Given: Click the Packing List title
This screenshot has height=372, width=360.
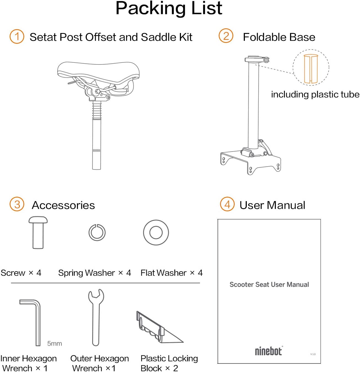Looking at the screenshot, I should coord(169,8).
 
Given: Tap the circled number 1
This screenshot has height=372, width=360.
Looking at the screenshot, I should coord(17,37).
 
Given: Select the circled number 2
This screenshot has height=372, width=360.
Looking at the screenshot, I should coord(226,36).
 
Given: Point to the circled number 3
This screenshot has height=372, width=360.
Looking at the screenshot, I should coord(17,204).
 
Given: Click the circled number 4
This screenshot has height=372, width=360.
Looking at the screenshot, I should coord(227,204).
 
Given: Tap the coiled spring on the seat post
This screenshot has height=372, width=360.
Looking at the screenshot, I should coord(97,110).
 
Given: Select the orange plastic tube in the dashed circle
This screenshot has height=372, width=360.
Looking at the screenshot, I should coord(311,69).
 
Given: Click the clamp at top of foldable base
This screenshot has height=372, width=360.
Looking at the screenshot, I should coord(256,59).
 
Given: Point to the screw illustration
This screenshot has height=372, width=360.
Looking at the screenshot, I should coord(38,233).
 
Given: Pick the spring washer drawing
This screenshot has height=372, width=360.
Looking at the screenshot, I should coord(97,233).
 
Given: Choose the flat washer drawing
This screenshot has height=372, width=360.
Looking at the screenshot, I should coord(156,233).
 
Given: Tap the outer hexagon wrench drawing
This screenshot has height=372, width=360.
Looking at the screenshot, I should coord(96,316).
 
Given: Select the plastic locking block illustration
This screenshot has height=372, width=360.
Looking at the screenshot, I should coord(157,329).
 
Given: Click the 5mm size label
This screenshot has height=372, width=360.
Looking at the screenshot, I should coord(55,343).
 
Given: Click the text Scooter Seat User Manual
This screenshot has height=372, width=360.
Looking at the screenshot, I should coord(269,285).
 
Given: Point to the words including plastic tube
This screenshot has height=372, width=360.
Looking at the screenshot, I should coord(315,94).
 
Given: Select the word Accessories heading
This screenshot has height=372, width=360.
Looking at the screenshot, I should coord(63,205).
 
